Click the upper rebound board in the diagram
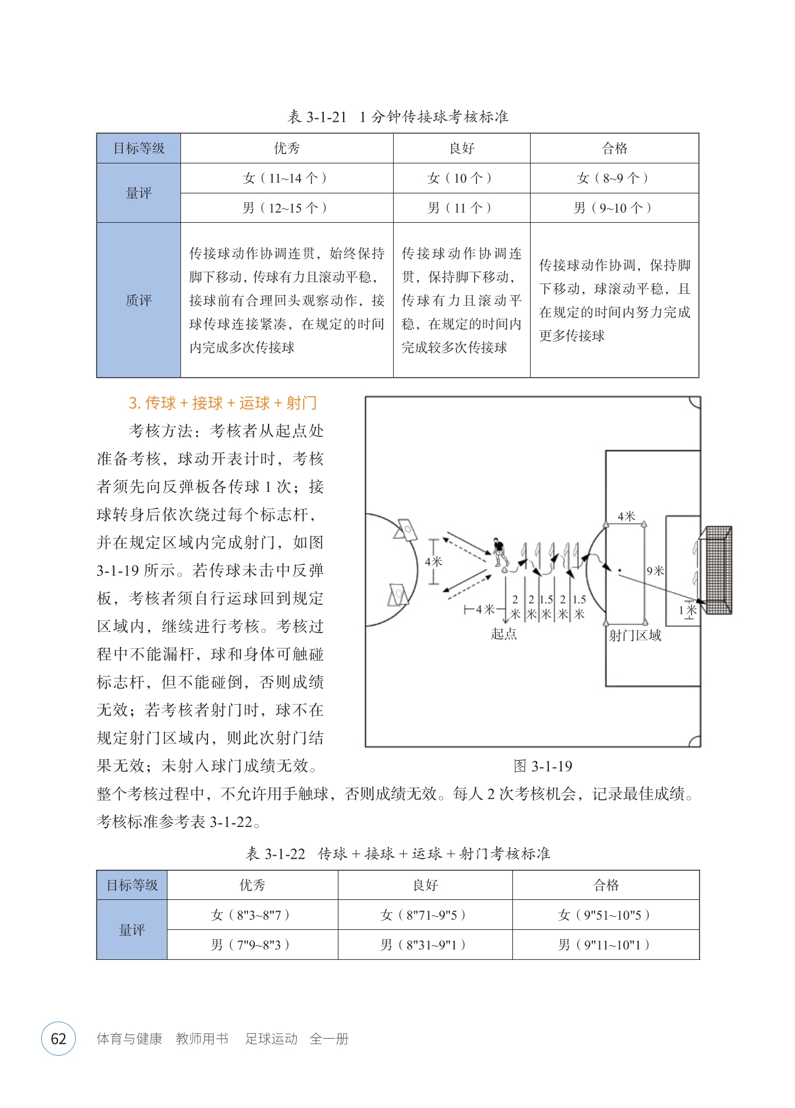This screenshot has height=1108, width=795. coord(407,529)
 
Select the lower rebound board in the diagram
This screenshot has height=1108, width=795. coord(397,595)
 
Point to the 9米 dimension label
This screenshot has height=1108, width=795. coord(655,571)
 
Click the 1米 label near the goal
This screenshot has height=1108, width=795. coord(687,610)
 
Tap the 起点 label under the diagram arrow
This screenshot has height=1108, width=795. coord(504,634)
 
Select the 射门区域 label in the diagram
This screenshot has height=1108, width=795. coord(635,635)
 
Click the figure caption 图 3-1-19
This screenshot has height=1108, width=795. coord(542,766)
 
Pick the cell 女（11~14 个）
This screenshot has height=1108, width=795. coord(286,178)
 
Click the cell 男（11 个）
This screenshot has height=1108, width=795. coord(461,208)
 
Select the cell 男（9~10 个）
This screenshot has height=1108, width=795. coord(614,208)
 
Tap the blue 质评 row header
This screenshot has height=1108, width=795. coord(139,300)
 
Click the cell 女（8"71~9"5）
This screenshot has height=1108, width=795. coord(424,915)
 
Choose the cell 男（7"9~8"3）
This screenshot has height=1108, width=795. coord(252,945)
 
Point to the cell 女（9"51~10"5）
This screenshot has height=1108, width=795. coord(605,915)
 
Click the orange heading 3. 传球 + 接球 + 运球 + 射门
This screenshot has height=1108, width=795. coord(223,403)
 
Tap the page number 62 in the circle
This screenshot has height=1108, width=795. coord(58,1039)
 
